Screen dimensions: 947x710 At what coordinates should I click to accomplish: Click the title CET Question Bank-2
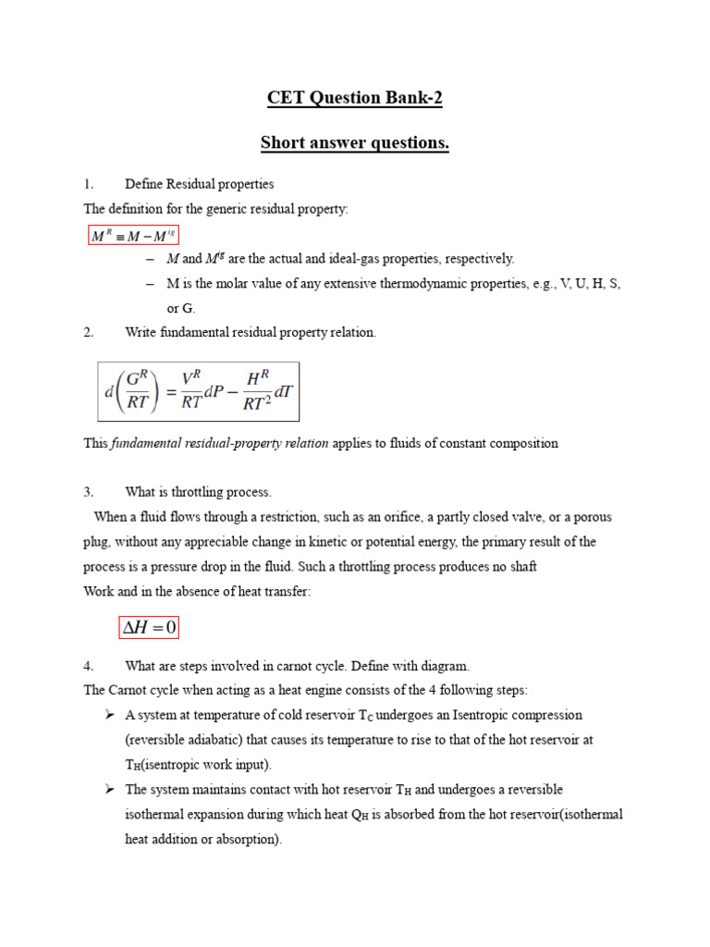click(355, 97)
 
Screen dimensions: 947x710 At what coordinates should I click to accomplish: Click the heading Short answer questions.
click(355, 143)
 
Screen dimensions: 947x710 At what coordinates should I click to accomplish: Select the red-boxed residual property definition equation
click(132, 237)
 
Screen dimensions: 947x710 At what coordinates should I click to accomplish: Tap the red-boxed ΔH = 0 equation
click(149, 629)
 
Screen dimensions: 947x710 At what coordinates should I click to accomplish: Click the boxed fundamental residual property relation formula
click(199, 390)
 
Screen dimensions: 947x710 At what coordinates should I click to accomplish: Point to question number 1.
click(89, 184)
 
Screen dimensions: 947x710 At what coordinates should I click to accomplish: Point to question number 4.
click(89, 665)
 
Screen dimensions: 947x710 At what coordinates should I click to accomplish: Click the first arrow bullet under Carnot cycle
click(109, 715)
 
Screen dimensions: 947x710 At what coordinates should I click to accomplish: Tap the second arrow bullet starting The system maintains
click(109, 789)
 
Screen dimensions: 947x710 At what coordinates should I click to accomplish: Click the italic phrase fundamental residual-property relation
click(220, 443)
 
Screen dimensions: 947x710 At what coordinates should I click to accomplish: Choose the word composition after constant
click(523, 443)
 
